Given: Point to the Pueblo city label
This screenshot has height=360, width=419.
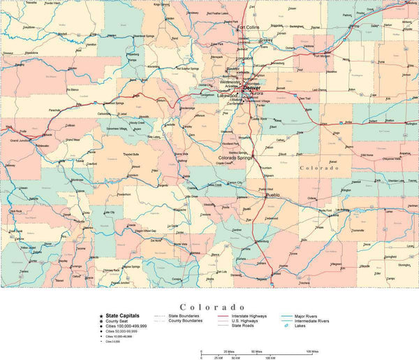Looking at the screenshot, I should pos(272,194).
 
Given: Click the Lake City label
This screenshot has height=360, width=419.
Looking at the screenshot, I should pos(109,212).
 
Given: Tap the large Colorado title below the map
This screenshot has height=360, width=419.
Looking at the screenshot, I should pos(212,307).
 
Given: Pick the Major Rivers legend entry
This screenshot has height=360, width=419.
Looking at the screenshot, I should pos(308,316).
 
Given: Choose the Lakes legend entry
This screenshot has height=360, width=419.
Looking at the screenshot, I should pos(300,331).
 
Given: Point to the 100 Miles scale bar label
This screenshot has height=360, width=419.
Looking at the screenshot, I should pos(312,351).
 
